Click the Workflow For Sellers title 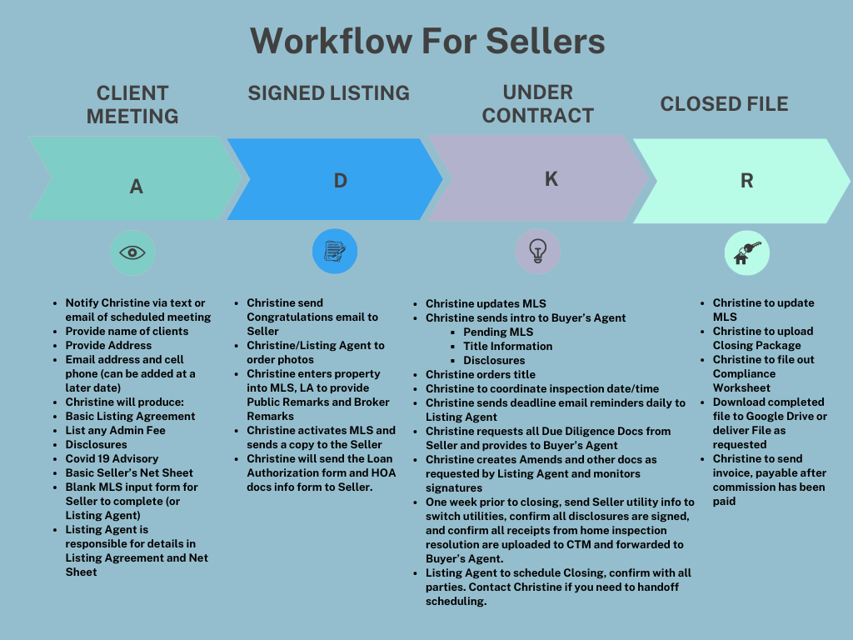click(426, 40)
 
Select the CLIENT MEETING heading click(132, 104)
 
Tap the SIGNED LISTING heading click(328, 92)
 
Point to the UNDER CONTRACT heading click(537, 103)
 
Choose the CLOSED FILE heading click(724, 104)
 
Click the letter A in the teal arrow click(137, 187)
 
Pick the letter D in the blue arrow click(340, 180)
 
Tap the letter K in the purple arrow click(551, 178)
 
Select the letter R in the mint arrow click(746, 181)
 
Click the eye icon click(132, 252)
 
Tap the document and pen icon click(335, 251)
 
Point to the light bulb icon click(537, 251)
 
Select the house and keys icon click(746, 252)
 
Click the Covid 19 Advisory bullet click(112, 458)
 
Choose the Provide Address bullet click(108, 345)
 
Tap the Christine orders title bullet click(480, 374)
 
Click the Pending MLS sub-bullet click(498, 332)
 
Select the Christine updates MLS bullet click(486, 303)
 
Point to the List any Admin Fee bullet click(115, 430)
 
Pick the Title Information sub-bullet click(507, 346)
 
